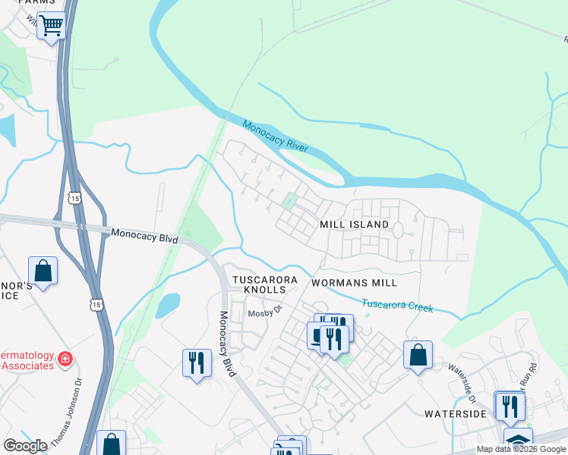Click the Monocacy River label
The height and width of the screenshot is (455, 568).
pos(276,135)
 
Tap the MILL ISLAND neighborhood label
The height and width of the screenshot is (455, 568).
pos(354,224)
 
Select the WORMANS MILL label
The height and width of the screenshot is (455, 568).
pos(354,283)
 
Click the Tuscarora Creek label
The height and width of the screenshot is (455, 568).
pos(397,306)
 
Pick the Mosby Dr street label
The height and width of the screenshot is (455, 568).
pos(265,311)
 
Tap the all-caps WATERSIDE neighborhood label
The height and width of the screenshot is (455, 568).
pos(455,414)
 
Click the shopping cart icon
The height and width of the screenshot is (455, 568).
pos(52,25)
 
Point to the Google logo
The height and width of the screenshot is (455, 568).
pos(25,446)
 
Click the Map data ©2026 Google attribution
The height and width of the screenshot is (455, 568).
pos(521,450)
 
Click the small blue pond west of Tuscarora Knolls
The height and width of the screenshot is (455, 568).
pos(168,305)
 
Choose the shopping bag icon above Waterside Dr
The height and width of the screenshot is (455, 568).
pos(418,354)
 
